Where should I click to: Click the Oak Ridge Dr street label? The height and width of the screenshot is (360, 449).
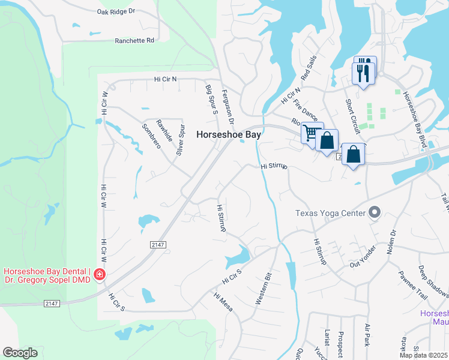[x=116, y=11]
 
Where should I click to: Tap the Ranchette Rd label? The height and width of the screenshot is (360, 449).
[x=134, y=41]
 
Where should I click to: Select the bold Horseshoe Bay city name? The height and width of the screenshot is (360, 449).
[x=229, y=135]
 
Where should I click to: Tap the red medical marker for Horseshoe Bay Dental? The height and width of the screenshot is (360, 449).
[x=99, y=275]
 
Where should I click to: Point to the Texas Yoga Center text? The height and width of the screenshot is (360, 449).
[x=331, y=213]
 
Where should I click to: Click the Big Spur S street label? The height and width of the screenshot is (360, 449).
[x=212, y=98]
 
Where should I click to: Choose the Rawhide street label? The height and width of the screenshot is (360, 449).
[x=164, y=131]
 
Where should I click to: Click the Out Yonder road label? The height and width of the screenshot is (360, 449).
[x=363, y=257]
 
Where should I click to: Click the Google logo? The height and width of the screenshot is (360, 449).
[x=20, y=353]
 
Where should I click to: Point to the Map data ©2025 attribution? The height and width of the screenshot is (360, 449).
[x=423, y=355]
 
